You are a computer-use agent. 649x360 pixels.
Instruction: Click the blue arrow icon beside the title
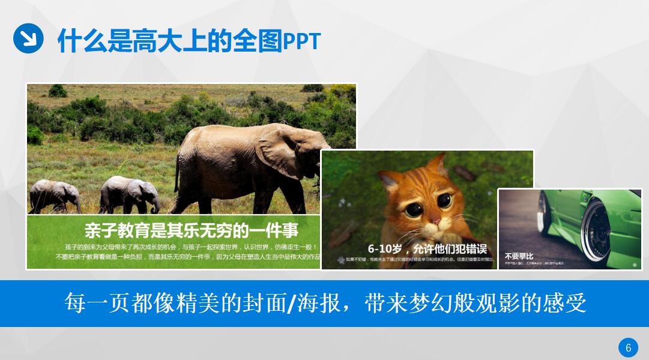coord(28,38)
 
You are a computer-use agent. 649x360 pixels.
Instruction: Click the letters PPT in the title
coord(301,41)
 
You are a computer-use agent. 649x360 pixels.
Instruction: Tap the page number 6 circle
coord(628,347)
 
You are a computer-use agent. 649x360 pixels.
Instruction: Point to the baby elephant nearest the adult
coord(129,193)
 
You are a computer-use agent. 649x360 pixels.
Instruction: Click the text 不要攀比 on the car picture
coord(518,255)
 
